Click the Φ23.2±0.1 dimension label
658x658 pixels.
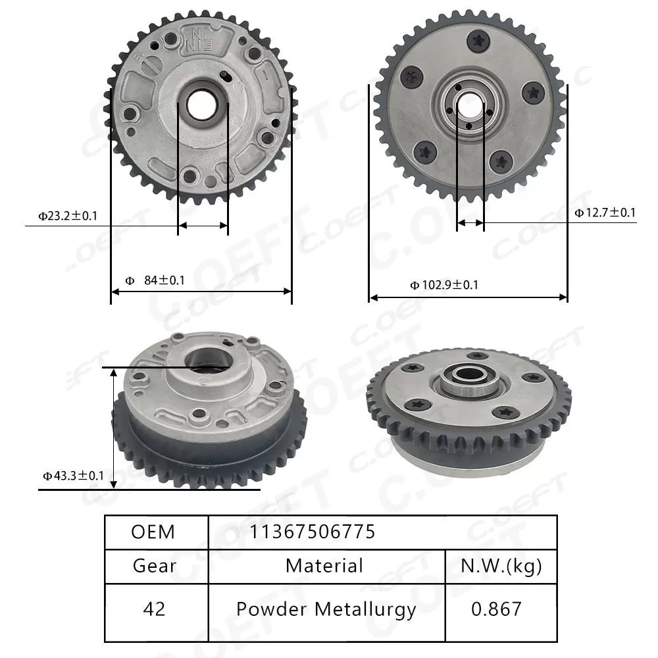click(x=68, y=215)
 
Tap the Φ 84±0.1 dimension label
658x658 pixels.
click(x=155, y=280)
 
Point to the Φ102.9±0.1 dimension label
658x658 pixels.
click(x=444, y=285)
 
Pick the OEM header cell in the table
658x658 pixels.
click(x=153, y=532)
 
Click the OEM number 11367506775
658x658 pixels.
click(x=312, y=532)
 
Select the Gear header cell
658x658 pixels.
click(x=154, y=566)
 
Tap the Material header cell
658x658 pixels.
click(x=324, y=565)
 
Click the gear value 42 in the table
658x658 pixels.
click(x=153, y=609)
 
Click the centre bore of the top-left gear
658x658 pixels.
click(x=202, y=103)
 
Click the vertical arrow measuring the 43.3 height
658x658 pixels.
click(x=114, y=428)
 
